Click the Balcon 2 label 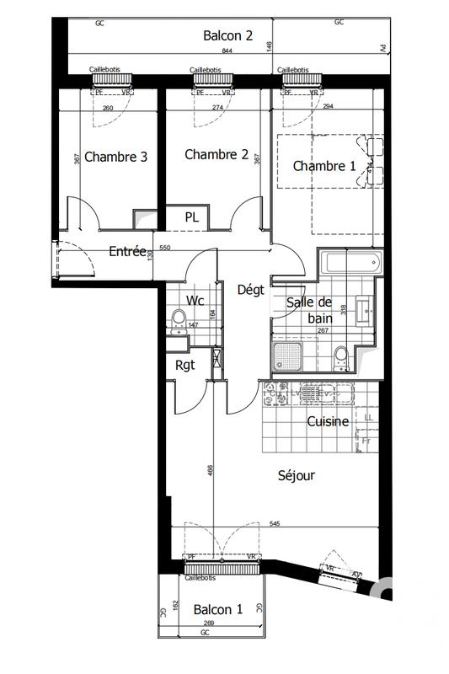(x=227, y=35)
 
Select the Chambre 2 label (x=216, y=154)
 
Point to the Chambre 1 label (x=323, y=166)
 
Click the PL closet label (x=192, y=217)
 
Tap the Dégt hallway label (x=251, y=289)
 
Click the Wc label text (x=195, y=300)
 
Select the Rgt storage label (x=185, y=365)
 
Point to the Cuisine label (x=328, y=421)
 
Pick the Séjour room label (x=296, y=475)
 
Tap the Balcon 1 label (x=217, y=609)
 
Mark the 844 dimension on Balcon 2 (x=227, y=51)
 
